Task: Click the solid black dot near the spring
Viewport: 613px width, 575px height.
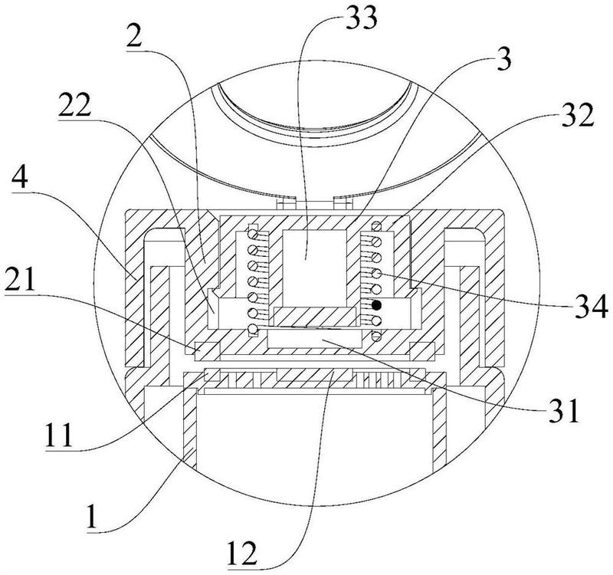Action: point(376,305)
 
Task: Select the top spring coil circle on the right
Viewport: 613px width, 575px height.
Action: point(376,227)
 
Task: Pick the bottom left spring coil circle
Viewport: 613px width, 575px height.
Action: point(252,330)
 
